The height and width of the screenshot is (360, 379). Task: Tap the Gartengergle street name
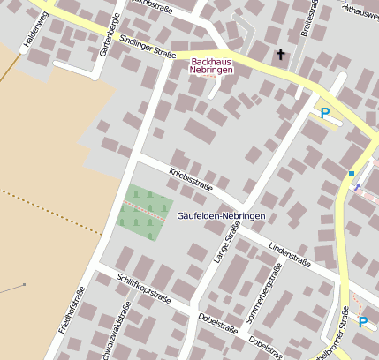[x=103, y=33]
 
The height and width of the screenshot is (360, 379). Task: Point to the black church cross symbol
[x=281, y=56]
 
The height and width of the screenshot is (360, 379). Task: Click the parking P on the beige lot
[x=324, y=113]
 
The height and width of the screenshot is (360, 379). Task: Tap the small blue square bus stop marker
[x=351, y=173]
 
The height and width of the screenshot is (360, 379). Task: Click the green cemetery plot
[x=142, y=211]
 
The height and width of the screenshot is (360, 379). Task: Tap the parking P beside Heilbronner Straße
[x=362, y=322]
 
